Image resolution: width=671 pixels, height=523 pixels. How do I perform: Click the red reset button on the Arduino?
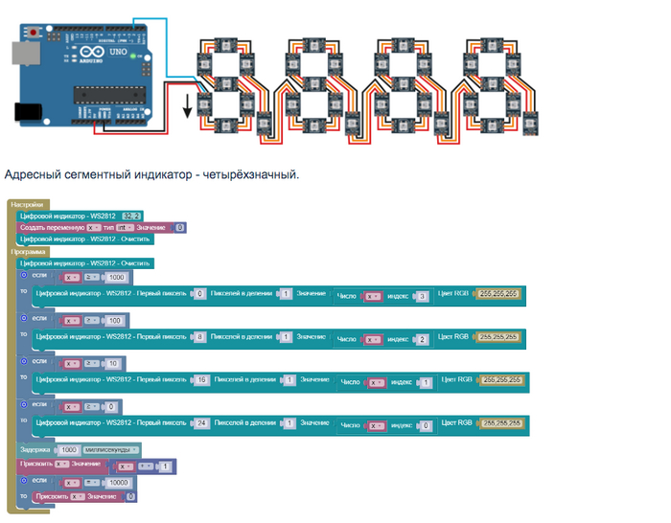coord(35,34)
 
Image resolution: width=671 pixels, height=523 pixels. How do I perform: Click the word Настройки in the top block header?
coord(26,205)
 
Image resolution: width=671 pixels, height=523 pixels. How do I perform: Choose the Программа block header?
coord(29,251)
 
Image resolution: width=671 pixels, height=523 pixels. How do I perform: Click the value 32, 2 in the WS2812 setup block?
coord(132,216)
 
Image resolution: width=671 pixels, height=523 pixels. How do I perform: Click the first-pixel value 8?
coord(199,337)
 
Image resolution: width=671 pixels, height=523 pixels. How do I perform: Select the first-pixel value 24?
coord(203,422)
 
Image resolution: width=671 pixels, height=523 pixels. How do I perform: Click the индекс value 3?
coord(422,296)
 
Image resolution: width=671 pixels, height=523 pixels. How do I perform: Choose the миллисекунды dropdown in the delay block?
coord(111,449)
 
